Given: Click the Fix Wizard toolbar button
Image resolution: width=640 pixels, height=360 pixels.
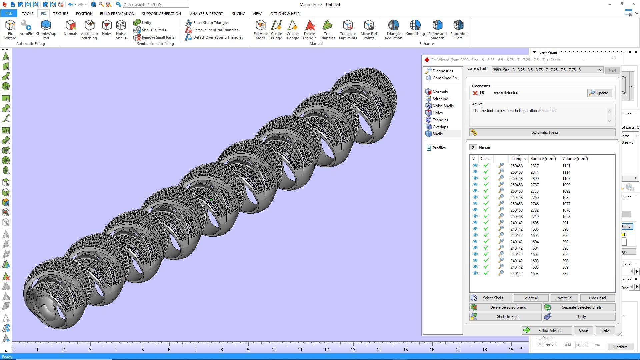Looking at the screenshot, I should click(x=10, y=29).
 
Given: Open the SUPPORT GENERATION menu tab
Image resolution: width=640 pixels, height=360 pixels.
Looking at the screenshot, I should click(x=161, y=14).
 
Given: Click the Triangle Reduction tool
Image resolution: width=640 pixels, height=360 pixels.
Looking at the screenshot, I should click(x=393, y=29).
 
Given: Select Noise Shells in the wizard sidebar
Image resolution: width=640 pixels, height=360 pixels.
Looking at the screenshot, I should click(x=443, y=106).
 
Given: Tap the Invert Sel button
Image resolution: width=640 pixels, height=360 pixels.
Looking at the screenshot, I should click(x=564, y=298).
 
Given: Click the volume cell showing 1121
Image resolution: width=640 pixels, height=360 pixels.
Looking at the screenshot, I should click(x=566, y=166).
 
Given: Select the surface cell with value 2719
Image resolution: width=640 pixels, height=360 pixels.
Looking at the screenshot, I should click(x=534, y=217).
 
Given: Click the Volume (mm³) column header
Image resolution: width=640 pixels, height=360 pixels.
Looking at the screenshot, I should click(x=575, y=159).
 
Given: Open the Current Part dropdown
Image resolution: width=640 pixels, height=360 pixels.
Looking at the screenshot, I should click(x=600, y=70).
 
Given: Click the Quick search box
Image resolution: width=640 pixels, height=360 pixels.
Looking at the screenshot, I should click(x=155, y=5).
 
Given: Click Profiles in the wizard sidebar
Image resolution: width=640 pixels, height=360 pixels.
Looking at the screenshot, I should click(x=439, y=148).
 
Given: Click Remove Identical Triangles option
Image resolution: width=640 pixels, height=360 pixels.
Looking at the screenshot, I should click(x=215, y=30).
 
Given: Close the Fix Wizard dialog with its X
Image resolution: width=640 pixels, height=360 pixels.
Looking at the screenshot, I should click(x=614, y=60).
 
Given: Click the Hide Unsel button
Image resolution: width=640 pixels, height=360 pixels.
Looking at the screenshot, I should click(x=597, y=298).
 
